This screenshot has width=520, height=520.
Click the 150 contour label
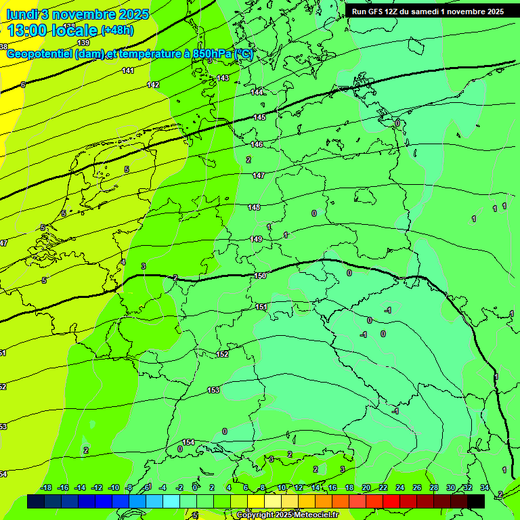[261, 276]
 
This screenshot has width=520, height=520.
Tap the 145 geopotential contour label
[259, 118]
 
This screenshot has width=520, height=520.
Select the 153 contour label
[213, 390]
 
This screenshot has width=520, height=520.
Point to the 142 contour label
[153, 85]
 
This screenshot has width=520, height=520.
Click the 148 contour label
[254, 208]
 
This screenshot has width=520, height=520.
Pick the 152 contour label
[222, 354]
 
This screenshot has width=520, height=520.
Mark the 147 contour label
[259, 176]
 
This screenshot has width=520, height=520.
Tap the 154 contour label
[188, 442]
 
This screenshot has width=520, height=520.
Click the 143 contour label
[223, 79]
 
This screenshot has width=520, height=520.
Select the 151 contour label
[261, 307]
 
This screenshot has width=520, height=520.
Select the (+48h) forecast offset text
[117, 30]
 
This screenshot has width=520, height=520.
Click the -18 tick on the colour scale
[46, 487]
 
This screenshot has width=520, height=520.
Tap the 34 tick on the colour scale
[484, 487]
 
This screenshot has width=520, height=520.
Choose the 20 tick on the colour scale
[366, 487]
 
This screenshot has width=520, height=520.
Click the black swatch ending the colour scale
[476, 501]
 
